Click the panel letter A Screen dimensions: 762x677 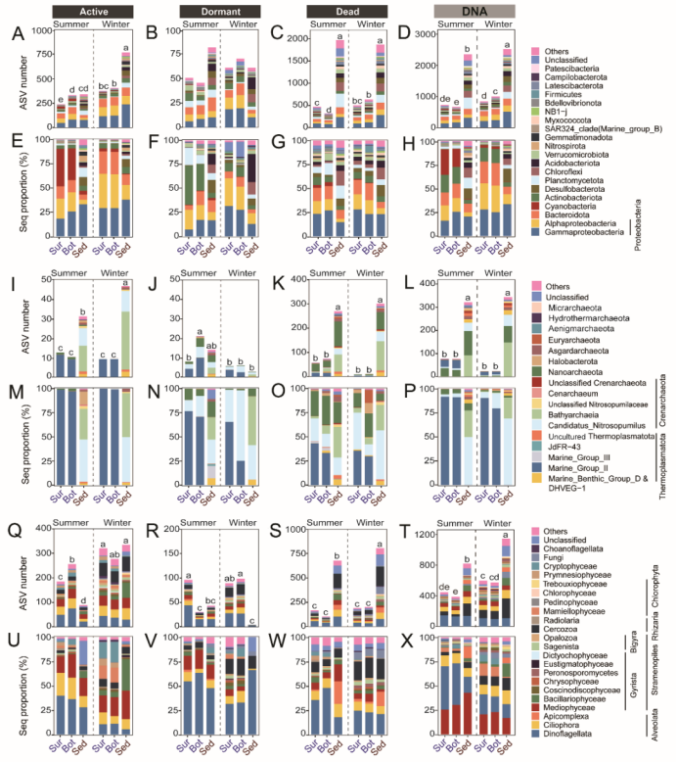pyautogui.click(x=17, y=34)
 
